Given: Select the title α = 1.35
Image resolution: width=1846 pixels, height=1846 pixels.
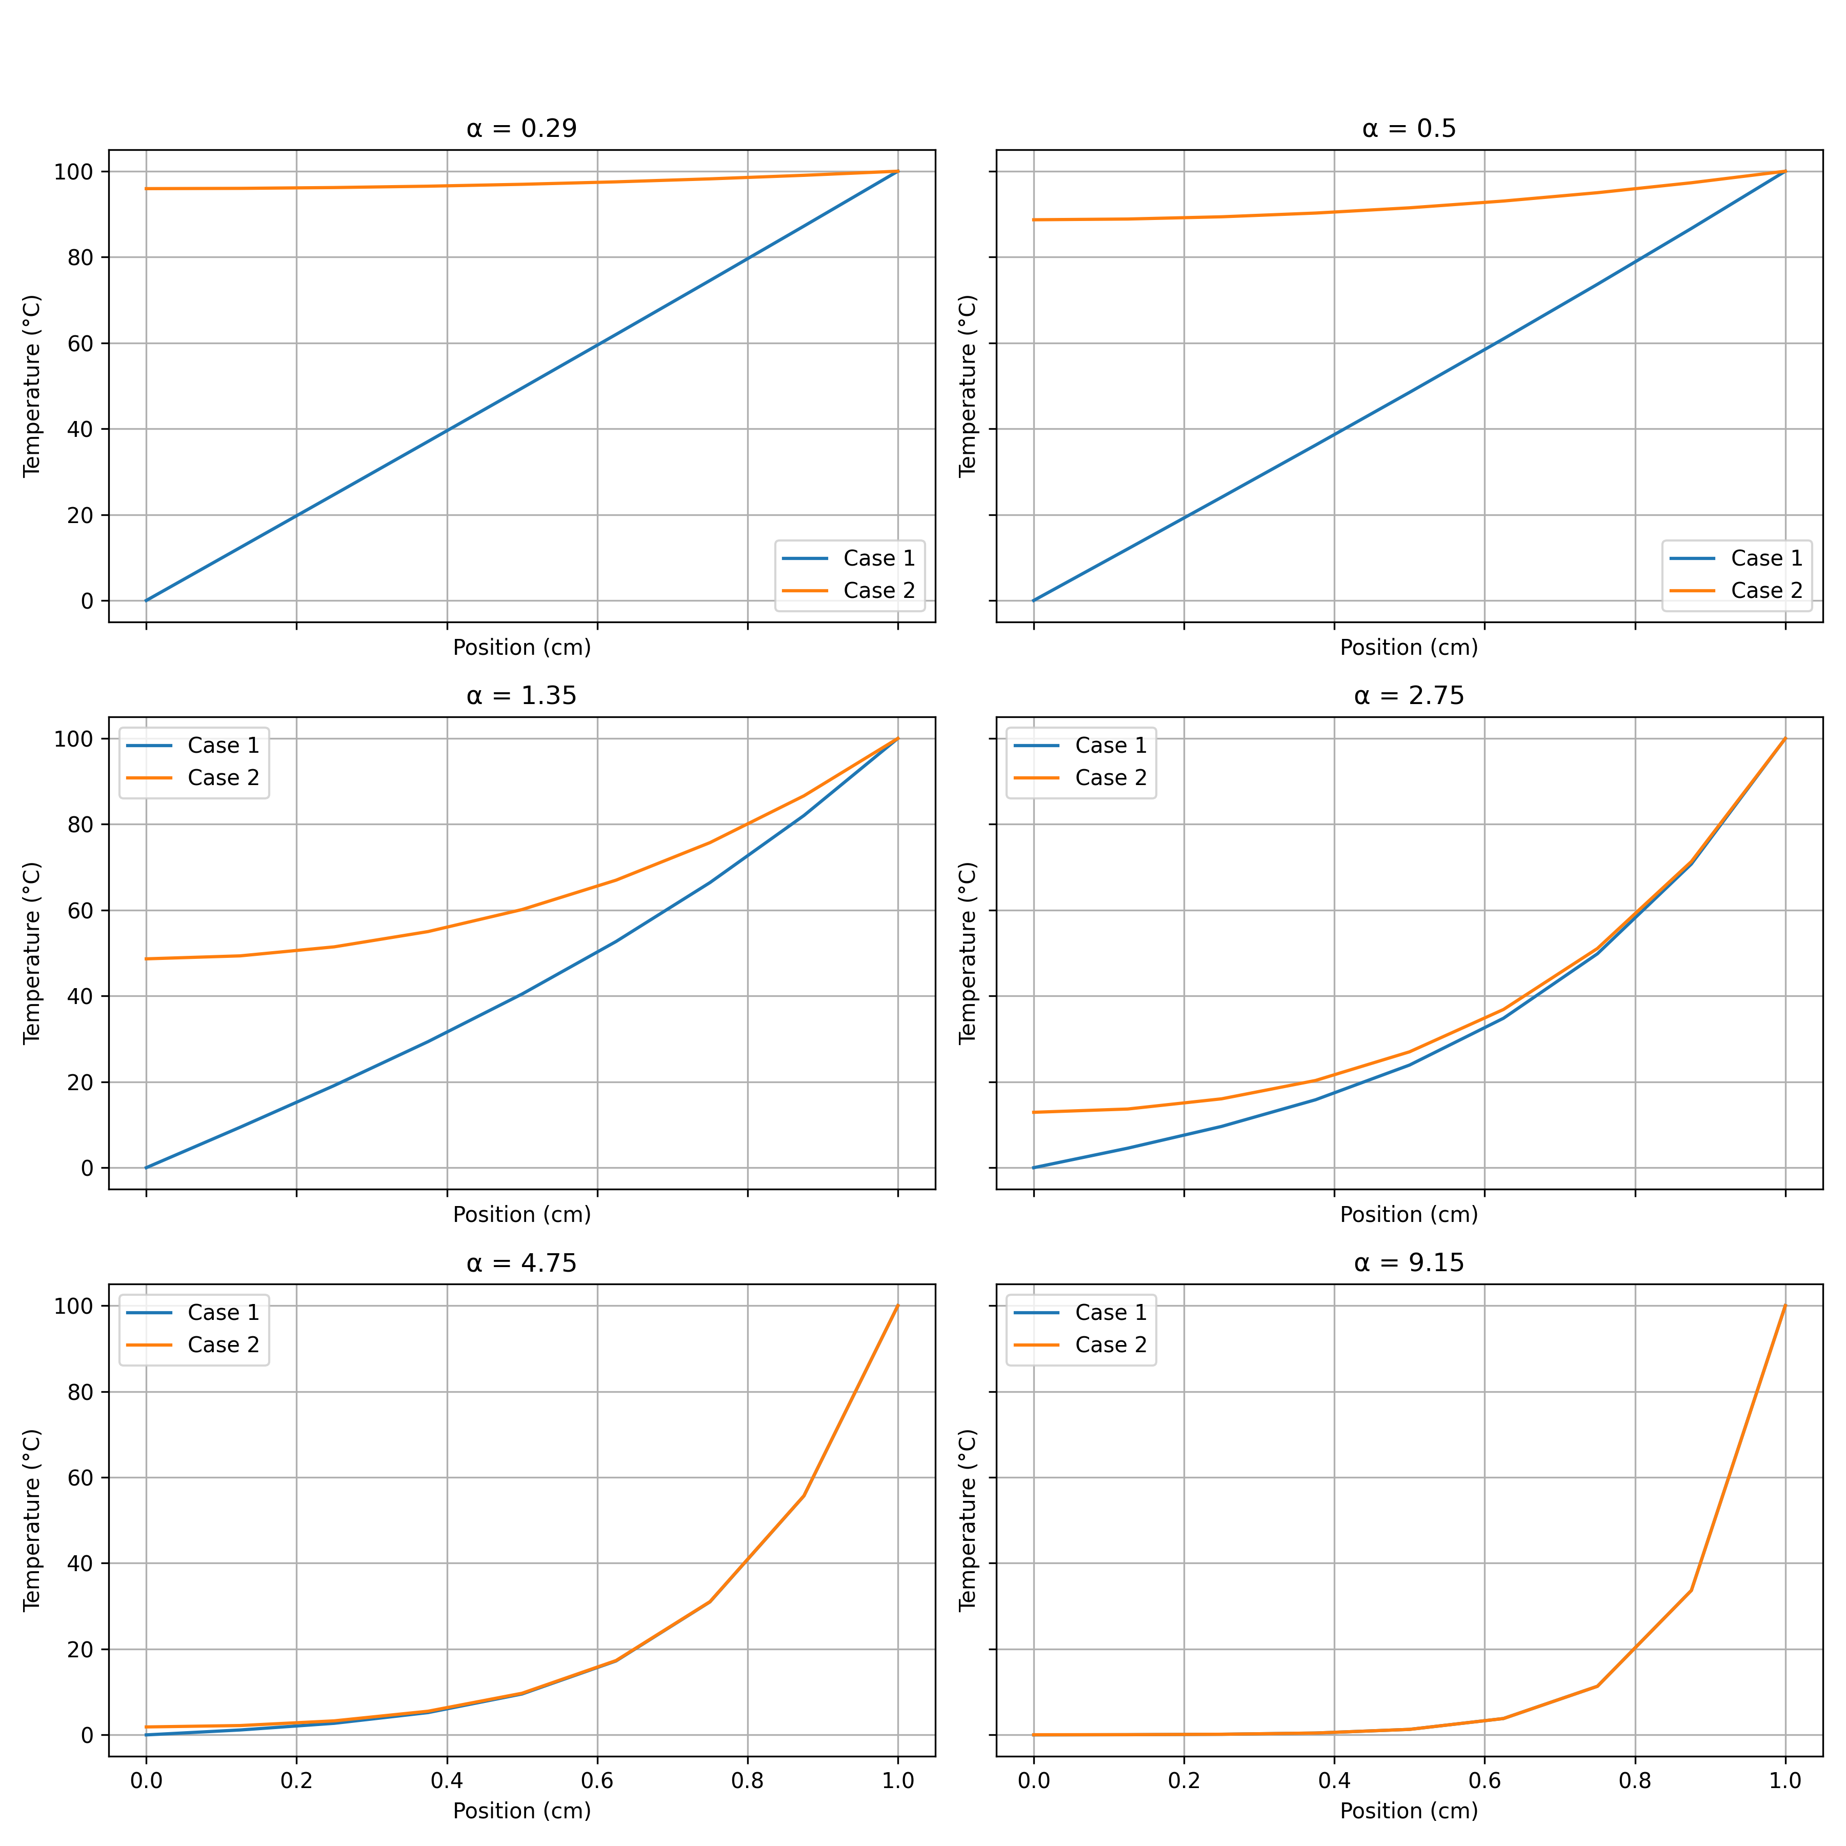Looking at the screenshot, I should click(521, 696).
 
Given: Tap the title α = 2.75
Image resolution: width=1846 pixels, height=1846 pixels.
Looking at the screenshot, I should click(1409, 696).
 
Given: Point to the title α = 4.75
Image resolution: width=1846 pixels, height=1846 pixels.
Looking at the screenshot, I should click(521, 1263).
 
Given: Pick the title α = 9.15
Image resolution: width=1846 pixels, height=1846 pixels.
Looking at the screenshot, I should click(1409, 1263).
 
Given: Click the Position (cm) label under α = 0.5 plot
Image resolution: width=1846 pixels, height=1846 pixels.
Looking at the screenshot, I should click(1409, 648).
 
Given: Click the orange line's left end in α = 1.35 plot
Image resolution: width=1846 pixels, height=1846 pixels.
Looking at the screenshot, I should click(146, 958).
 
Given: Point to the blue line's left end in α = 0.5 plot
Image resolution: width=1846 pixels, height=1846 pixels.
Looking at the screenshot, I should click(1034, 600).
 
